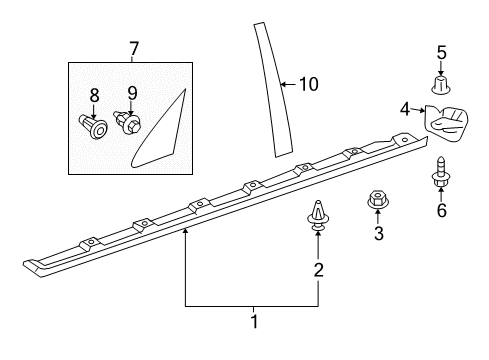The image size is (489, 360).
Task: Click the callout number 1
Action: tap(254, 321)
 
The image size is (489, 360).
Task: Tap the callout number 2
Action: tap(318, 270)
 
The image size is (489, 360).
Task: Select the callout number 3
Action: tap(379, 233)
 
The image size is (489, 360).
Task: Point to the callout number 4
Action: tap(405, 109)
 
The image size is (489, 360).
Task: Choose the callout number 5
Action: tap(442, 53)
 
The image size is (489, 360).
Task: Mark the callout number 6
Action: tap(442, 210)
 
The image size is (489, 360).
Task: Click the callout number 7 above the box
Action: tap(133, 49)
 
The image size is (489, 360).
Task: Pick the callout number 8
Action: tap(94, 95)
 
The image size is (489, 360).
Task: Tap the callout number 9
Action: tap(132, 93)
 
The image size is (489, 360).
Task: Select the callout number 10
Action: tap(309, 84)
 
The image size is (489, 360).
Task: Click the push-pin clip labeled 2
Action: tap(318, 215)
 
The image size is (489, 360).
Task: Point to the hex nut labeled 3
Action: tap(378, 200)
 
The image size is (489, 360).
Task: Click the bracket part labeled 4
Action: tap(446, 122)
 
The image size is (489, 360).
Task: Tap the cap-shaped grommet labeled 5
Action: tap(441, 85)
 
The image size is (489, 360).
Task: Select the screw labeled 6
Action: tap(441, 172)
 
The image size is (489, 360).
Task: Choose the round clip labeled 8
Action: tap(93, 127)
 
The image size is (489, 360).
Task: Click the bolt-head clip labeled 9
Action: tap(128, 122)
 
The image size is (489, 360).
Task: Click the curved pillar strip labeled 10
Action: tap(273, 89)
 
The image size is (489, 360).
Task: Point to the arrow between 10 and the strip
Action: tap(289, 84)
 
